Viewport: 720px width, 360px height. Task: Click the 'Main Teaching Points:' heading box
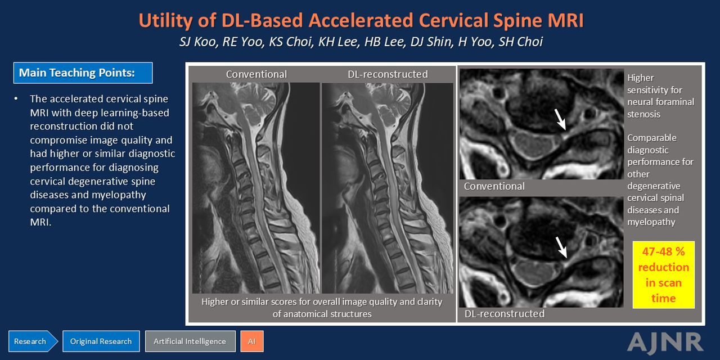point(83,73)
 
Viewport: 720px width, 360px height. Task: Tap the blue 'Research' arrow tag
point(33,341)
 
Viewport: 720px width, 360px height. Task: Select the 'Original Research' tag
point(101,341)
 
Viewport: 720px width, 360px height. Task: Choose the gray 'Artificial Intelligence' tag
point(190,341)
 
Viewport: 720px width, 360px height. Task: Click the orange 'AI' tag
point(251,341)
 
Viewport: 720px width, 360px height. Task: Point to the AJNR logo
point(665,343)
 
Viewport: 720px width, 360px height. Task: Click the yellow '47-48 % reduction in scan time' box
point(663,275)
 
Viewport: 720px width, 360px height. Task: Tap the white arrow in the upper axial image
point(560,119)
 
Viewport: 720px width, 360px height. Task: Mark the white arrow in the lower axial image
point(561,247)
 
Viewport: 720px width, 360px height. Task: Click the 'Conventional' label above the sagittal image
point(256,74)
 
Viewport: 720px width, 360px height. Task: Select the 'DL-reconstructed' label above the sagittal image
point(388,74)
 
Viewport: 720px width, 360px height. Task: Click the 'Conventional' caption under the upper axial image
point(494,186)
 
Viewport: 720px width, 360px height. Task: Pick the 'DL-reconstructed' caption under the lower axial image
point(505,314)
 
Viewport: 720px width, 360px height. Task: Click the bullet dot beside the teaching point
point(16,98)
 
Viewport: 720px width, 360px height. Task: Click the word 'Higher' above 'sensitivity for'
point(640,78)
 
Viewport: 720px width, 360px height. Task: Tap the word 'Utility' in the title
point(165,21)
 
